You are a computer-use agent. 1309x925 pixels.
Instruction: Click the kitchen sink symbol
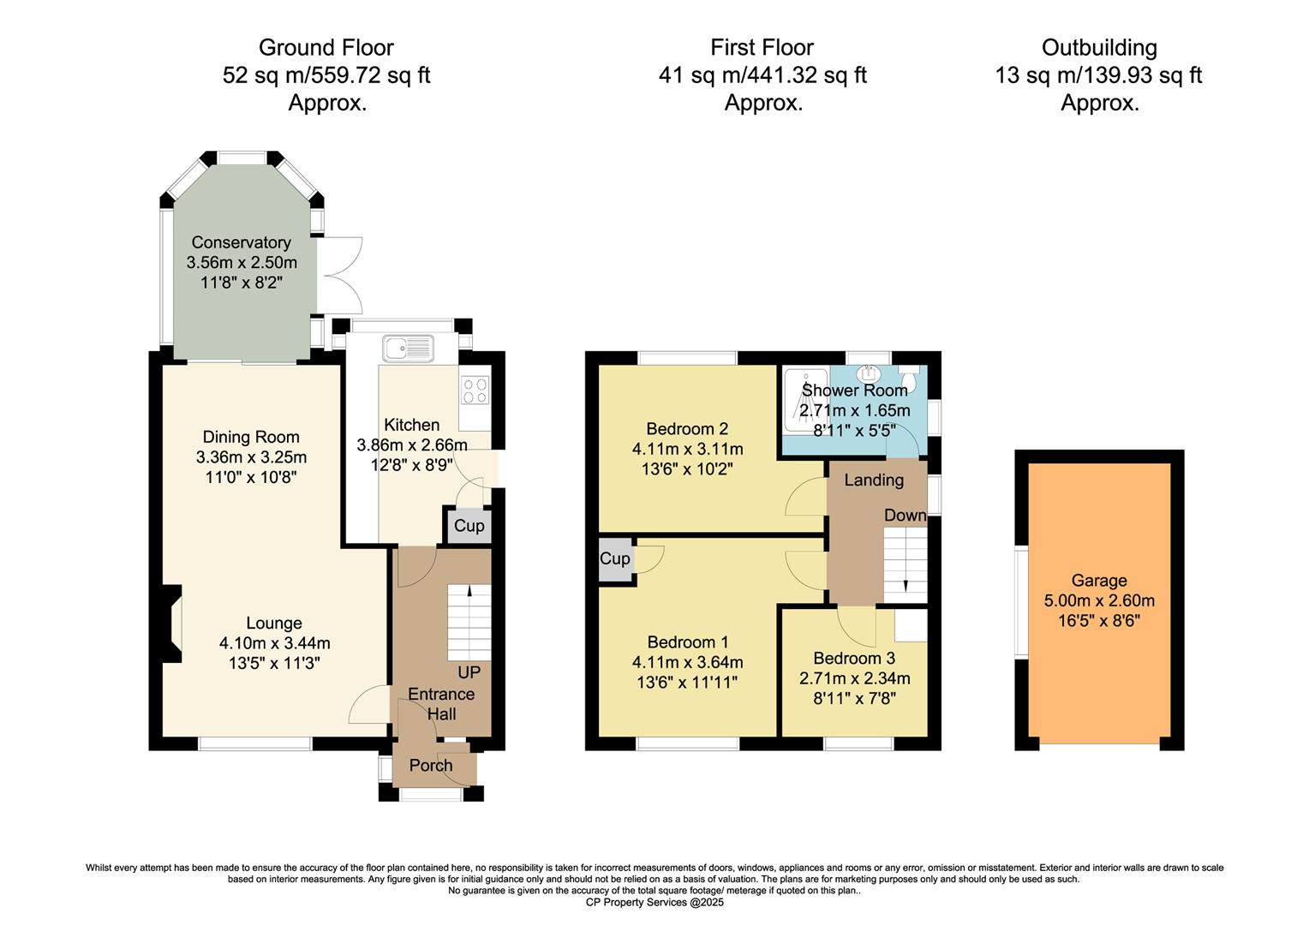pos(409,348)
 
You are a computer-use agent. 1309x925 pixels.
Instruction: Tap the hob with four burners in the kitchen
pos(475,391)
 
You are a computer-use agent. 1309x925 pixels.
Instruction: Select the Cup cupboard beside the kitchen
pos(469,526)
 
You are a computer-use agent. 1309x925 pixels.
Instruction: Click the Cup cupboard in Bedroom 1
pos(615,559)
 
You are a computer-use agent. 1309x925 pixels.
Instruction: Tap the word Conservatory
pos(241,242)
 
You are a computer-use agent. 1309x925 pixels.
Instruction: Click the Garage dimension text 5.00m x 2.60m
pos(1099,600)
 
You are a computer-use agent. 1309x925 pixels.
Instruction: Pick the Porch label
pos(430,766)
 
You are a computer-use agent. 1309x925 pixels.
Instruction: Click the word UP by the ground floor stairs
pos(469,672)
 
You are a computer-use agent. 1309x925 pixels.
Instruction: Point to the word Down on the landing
pos(905,515)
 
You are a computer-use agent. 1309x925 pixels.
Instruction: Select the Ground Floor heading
pos(326,47)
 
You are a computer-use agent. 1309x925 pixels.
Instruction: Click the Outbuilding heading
pos(1099,47)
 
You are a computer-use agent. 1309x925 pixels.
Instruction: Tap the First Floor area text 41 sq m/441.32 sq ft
pos(762,75)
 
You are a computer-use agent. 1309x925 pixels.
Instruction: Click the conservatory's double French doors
pos(339,275)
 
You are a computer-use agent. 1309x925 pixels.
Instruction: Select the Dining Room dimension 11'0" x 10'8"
pos(251,477)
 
